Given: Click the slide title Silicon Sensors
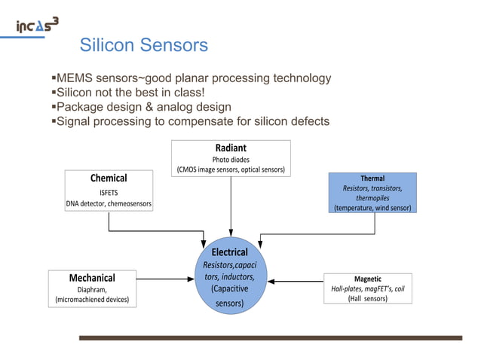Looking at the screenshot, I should [143, 46].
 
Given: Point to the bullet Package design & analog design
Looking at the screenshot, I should [142, 107].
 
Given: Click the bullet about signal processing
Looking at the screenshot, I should [191, 121].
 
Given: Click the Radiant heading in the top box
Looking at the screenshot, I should [231, 148].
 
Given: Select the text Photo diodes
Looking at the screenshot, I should [231, 159].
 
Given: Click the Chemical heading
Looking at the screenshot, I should [109, 178].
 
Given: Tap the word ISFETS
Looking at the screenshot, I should [109, 192].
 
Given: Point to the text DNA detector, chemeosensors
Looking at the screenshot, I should [109, 203].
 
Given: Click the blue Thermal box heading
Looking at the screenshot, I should [372, 178].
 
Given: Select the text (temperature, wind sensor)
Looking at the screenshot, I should [372, 207].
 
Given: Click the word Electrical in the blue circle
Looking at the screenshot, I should [229, 252].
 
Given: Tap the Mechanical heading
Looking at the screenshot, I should [92, 277].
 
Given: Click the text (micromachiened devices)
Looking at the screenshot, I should [92, 300].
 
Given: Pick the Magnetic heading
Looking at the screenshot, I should [368, 278].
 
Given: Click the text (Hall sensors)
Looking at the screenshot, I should [368, 298].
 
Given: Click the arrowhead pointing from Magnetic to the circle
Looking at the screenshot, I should [273, 282].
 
